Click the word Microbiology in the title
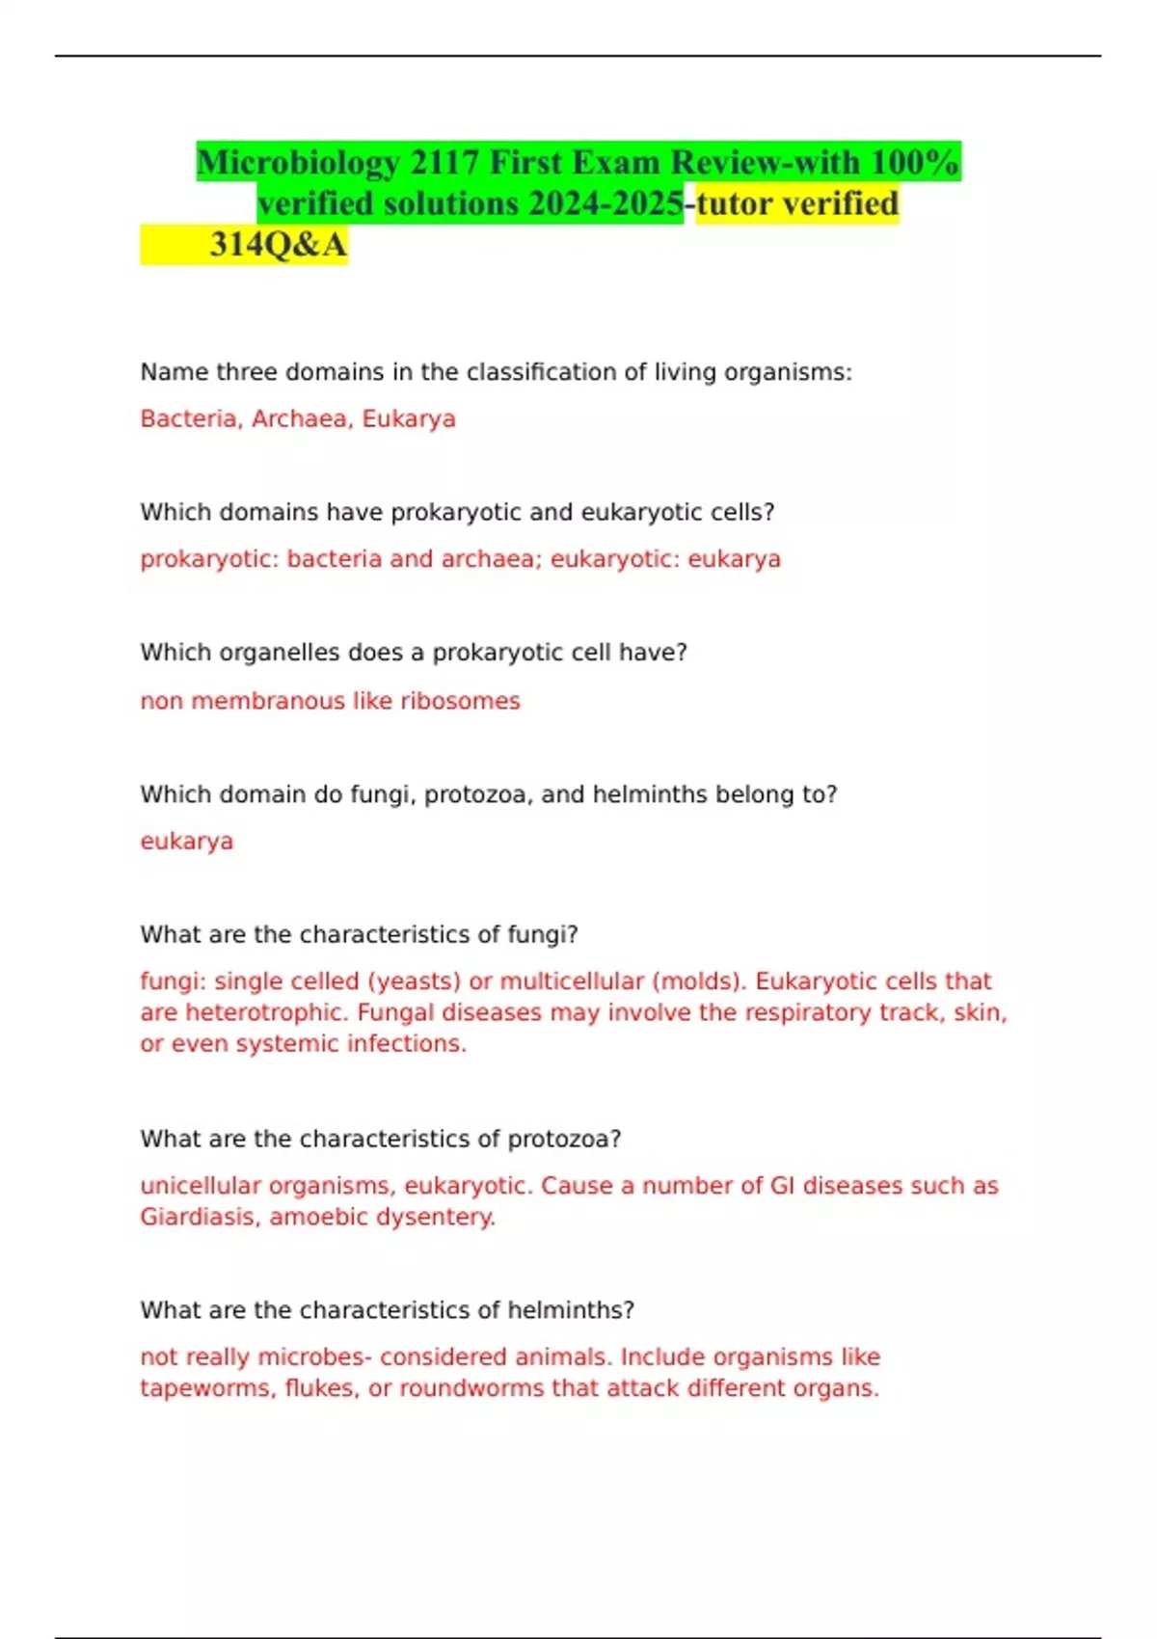(298, 163)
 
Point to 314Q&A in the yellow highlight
(278, 245)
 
